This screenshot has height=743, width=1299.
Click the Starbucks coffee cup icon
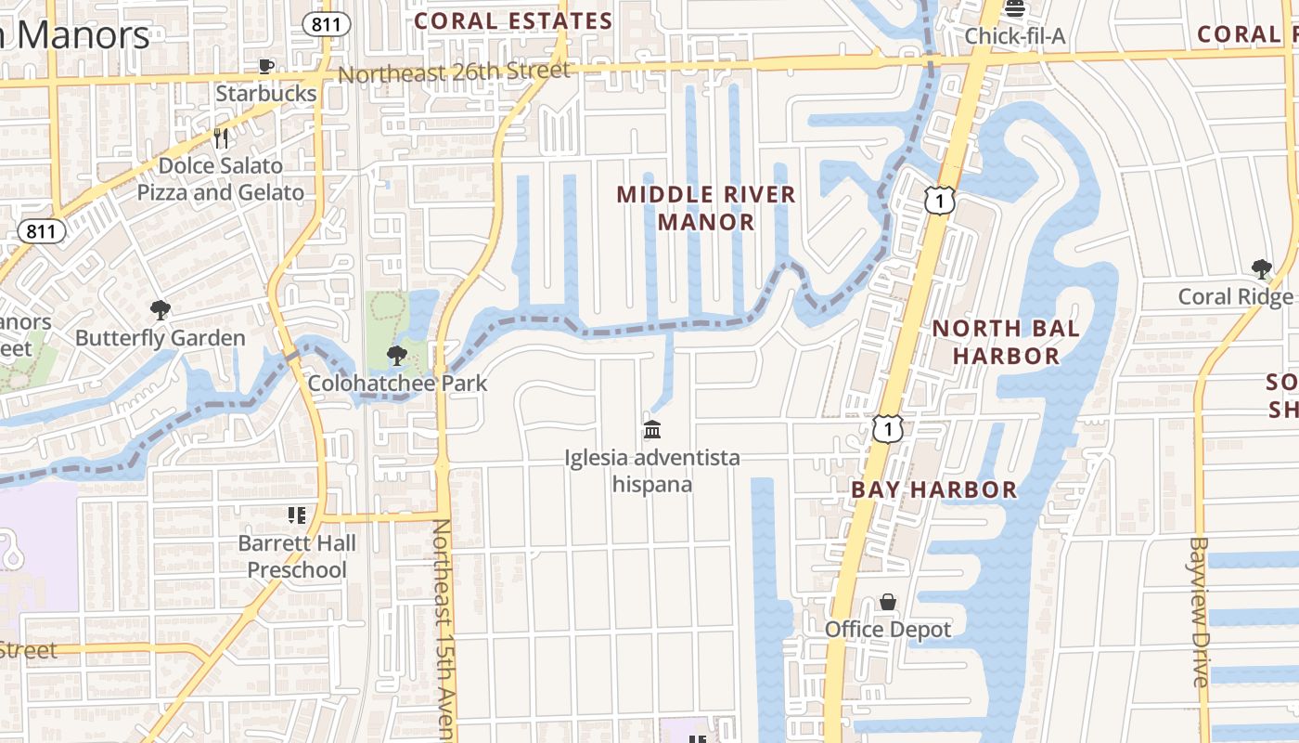266,66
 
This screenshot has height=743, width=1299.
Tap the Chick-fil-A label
1014,36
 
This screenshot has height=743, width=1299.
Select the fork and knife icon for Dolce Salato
221,138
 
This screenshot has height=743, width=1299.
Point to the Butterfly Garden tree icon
161,310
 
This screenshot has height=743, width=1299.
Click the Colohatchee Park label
397,383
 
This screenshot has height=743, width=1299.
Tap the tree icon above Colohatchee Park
397,355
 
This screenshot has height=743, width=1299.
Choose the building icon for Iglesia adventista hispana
652,429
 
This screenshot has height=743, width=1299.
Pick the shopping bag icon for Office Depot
888,602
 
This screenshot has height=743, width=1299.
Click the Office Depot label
888,630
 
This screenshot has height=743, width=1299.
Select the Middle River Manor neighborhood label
706,208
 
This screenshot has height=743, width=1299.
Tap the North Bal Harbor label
1006,342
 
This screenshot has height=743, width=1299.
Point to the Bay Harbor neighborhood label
933,489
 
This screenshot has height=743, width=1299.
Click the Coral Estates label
513,20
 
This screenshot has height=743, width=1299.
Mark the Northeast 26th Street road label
454,72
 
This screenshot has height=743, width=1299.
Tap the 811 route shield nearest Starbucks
326,24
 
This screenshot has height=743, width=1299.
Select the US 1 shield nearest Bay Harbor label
888,428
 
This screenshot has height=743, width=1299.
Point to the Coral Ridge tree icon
1261,269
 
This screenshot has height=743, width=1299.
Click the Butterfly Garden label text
161,338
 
